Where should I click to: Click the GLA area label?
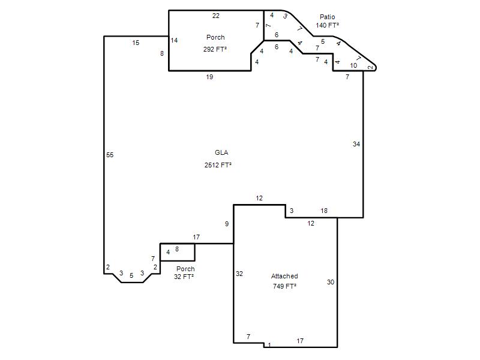pyautogui.click(x=221, y=152)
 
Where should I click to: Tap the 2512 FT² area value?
pyautogui.click(x=218, y=165)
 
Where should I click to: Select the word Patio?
pyautogui.click(x=327, y=17)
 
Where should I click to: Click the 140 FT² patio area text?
pyautogui.click(x=327, y=25)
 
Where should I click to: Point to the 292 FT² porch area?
pyautogui.click(x=215, y=49)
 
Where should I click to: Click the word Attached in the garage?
pyautogui.click(x=284, y=276)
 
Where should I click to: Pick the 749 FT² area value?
pyautogui.click(x=284, y=286)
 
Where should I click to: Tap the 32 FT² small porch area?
pyautogui.click(x=184, y=277)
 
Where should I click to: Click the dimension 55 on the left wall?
pyautogui.click(x=110, y=155)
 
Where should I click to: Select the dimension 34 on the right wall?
pyautogui.click(x=356, y=144)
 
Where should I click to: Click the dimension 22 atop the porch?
pyautogui.click(x=216, y=16)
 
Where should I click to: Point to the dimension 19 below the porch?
pyautogui.click(x=209, y=77)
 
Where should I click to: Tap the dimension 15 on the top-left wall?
pyautogui.click(x=136, y=43)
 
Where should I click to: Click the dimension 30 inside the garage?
pyautogui.click(x=331, y=282)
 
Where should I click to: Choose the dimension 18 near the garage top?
pyautogui.click(x=324, y=211)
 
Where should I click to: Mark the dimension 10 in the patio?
pyautogui.click(x=353, y=65)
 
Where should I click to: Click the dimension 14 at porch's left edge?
pyautogui.click(x=174, y=40)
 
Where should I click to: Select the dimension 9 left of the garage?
pyautogui.click(x=227, y=224)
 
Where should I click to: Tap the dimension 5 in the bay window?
pyautogui.click(x=131, y=275)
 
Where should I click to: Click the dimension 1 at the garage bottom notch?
pyautogui.click(x=269, y=345)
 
